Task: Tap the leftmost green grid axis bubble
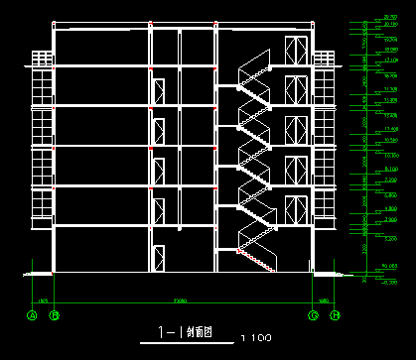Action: coord(31,315)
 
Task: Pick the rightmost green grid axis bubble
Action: coord(336,315)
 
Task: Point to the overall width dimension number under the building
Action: coord(182,300)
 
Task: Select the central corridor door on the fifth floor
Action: coord(157,87)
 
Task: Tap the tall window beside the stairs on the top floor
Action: coord(295,52)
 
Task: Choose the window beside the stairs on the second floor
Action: coord(295,210)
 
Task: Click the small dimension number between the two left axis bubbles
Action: coord(43,300)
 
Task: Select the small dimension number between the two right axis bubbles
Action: coord(324,300)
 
